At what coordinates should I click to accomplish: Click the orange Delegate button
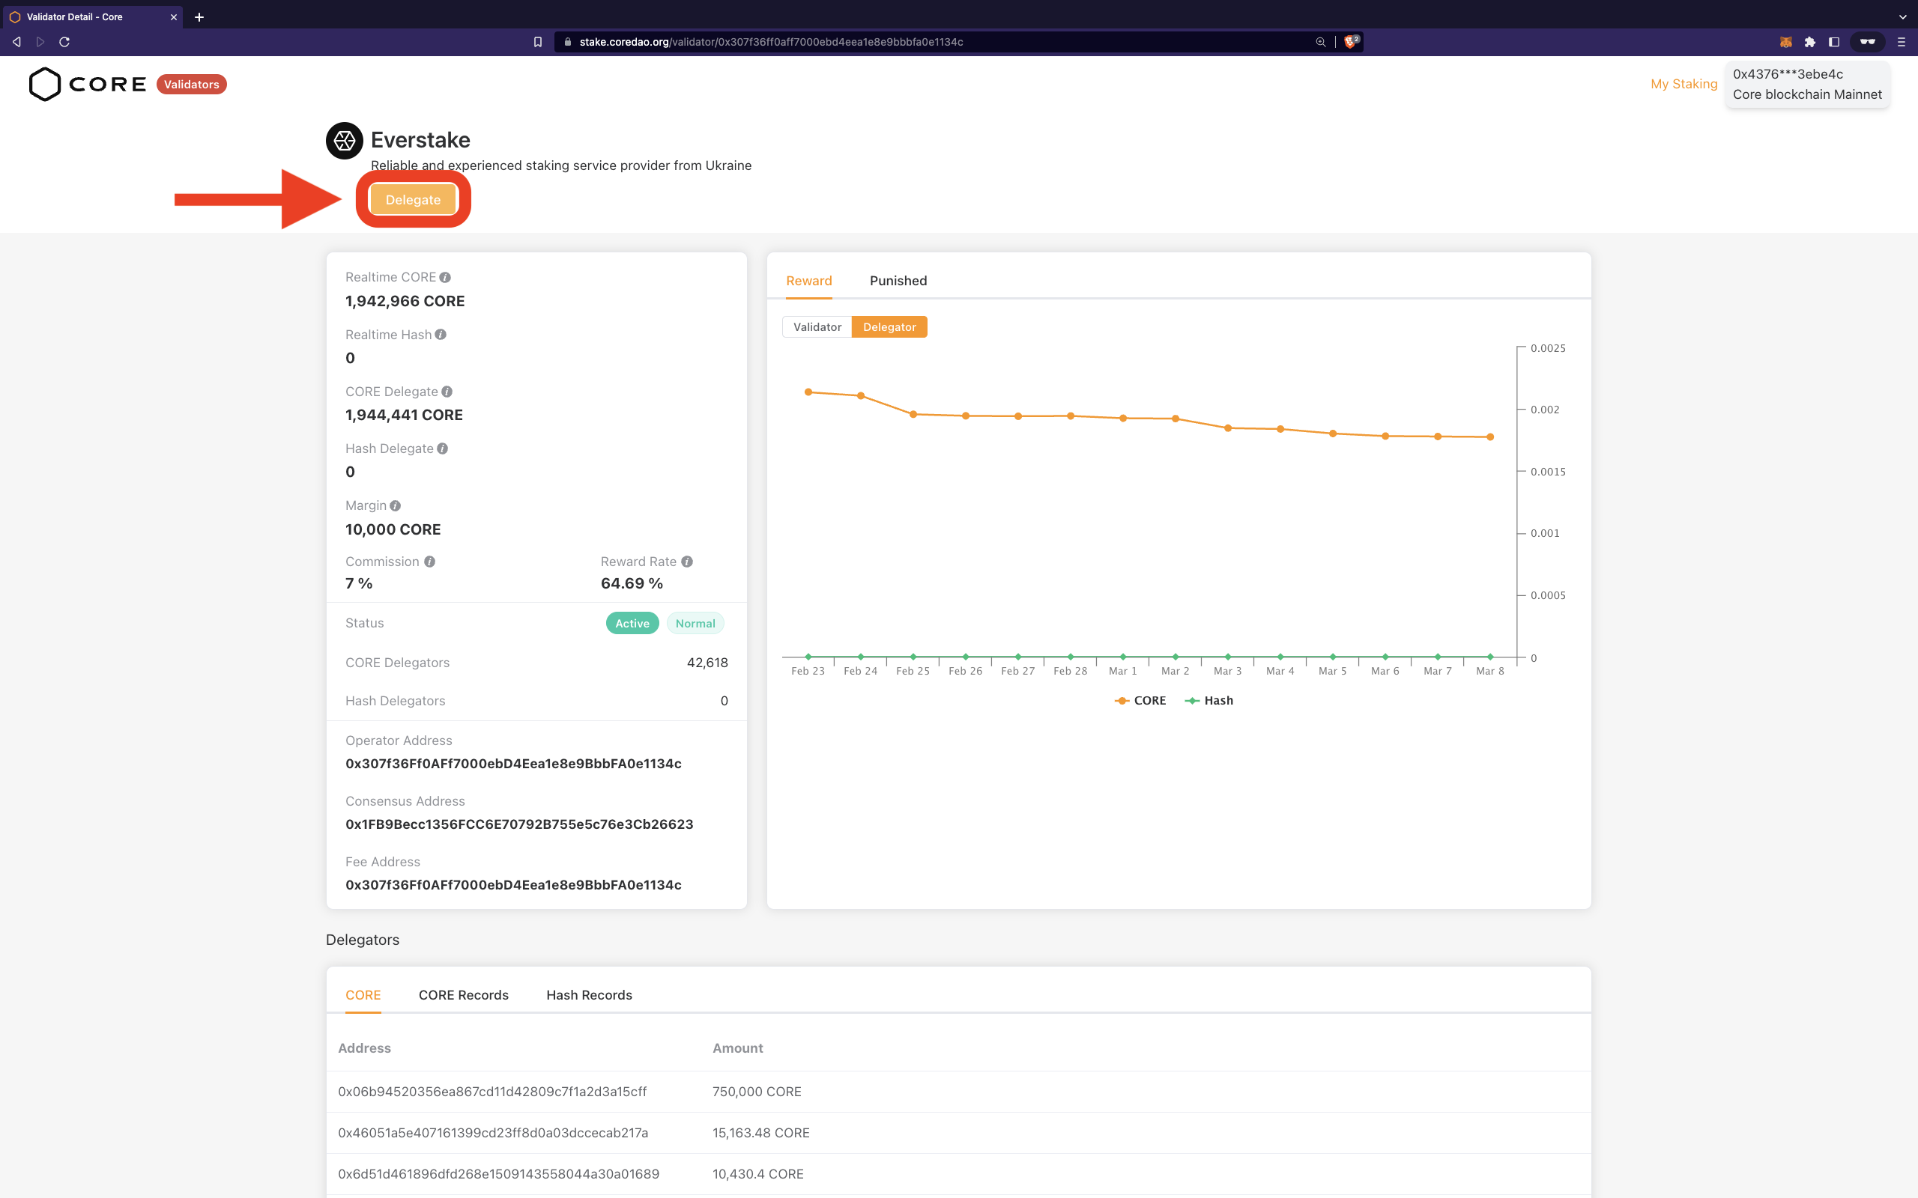[413, 200]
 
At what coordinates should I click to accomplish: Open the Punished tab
[898, 281]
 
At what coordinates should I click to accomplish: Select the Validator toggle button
[817, 327]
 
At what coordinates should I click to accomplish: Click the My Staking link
[1683, 84]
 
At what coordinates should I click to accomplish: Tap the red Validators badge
[191, 85]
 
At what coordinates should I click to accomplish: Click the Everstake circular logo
[345, 141]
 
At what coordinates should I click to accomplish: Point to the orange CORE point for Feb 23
[808, 392]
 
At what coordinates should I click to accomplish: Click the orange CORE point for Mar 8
[1490, 437]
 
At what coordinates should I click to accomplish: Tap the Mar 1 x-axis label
[1122, 671]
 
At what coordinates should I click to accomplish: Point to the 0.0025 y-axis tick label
[1547, 349]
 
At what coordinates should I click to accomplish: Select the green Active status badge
[632, 624]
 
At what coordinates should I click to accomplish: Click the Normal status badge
[695, 624]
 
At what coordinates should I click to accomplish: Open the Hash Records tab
[589, 995]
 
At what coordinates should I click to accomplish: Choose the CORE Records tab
[464, 995]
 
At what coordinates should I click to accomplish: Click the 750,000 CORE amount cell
[756, 1092]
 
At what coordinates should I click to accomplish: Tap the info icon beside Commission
[429, 562]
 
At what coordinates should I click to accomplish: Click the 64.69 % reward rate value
[632, 584]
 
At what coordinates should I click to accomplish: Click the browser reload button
[64, 42]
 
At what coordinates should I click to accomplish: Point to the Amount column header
[737, 1048]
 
